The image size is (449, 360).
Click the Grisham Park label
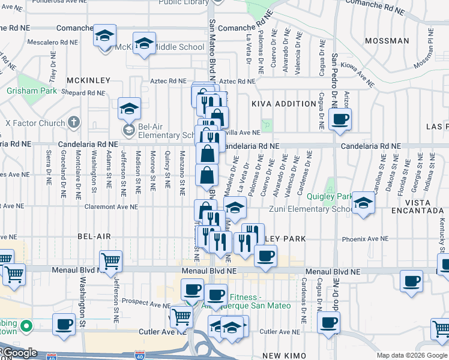tap(32, 91)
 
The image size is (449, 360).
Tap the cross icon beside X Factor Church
tap(74, 123)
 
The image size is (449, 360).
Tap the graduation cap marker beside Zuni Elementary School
tap(364, 203)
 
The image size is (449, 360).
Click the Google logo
tap(19, 353)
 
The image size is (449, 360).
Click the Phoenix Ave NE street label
tap(365, 239)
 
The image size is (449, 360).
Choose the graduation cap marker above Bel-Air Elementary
tap(129, 109)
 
